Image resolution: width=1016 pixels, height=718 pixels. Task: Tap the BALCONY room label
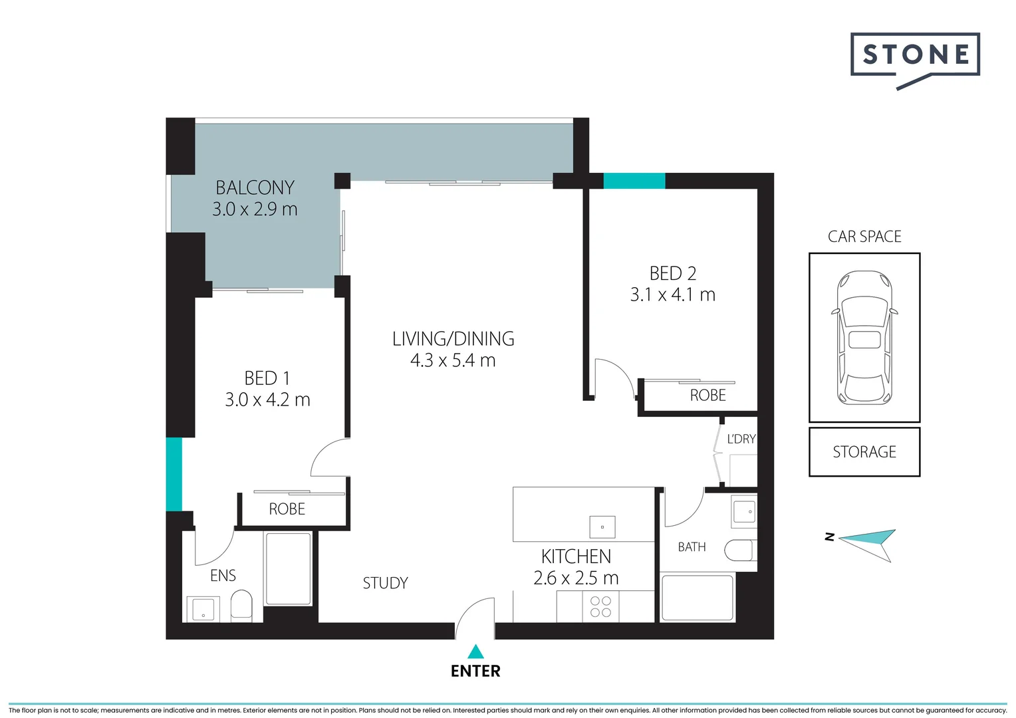[x=255, y=187]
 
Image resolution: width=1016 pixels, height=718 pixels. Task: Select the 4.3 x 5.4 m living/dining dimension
[x=453, y=361]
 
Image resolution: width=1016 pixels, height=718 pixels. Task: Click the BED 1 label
[x=267, y=378]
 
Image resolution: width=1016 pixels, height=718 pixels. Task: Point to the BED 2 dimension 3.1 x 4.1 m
[x=672, y=295]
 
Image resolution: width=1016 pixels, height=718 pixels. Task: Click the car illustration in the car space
[x=864, y=337]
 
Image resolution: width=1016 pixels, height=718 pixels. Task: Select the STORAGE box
[x=864, y=452]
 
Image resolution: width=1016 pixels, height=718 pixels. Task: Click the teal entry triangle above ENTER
[x=475, y=652]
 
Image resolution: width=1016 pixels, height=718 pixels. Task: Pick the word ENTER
[x=475, y=671]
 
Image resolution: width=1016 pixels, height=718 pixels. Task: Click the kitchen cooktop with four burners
[x=600, y=607]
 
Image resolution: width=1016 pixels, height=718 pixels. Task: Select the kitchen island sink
[x=602, y=527]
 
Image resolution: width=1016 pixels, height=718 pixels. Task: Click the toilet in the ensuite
[x=241, y=606]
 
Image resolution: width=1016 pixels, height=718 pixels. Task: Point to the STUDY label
[x=385, y=583]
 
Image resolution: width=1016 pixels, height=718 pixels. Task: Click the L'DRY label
[x=741, y=439]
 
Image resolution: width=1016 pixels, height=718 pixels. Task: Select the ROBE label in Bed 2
[x=707, y=396]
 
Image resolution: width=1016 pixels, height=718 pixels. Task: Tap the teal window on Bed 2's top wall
[x=634, y=181]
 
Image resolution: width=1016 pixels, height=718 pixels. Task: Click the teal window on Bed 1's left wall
[x=174, y=474]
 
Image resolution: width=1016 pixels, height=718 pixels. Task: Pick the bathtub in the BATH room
[x=697, y=598]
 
